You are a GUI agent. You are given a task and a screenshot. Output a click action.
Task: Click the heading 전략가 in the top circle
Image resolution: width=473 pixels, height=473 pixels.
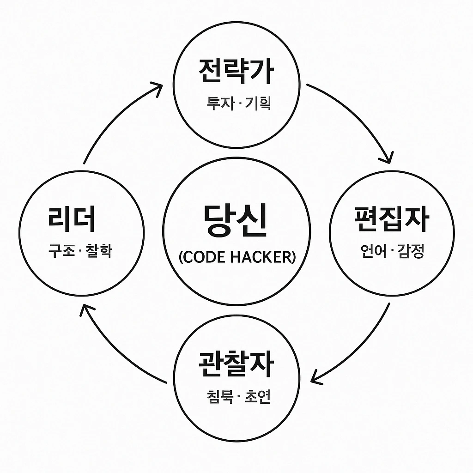tap(236, 71)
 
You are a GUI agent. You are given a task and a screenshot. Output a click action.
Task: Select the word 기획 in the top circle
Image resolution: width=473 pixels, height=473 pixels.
tap(259, 103)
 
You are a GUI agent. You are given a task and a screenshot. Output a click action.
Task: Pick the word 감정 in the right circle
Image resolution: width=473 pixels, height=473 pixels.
tap(412, 252)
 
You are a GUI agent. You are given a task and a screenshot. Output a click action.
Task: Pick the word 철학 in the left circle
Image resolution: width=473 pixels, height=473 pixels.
tap(99, 251)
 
